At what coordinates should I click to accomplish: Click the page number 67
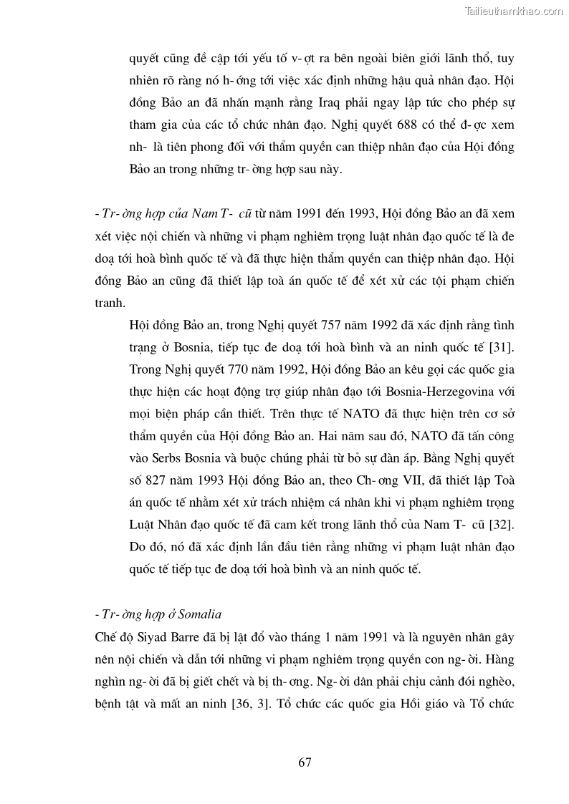[x=305, y=762]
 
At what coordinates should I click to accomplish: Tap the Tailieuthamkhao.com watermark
[x=514, y=11]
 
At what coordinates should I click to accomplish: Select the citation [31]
[x=500, y=347]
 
